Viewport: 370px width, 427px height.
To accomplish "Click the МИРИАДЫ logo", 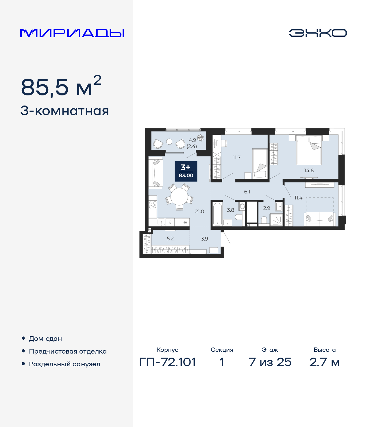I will pos(72,33).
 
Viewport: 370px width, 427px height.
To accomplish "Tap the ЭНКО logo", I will pos(318,33).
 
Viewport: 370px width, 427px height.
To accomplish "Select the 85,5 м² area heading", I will pos(61,87).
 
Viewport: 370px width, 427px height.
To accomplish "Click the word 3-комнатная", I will pos(64,111).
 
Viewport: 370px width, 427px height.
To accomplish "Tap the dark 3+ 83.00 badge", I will pos(186,171).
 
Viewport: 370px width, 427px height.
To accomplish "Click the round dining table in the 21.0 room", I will pos(179,197).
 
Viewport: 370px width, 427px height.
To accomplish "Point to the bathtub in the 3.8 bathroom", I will pos(217,214).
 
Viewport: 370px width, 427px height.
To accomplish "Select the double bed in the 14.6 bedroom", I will pos(309,150).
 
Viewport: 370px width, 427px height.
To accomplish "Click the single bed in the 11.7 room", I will pos(260,163).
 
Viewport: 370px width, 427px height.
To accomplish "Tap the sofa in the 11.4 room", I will pos(319,219).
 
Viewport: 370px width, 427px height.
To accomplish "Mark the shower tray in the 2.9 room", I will pos(276,220).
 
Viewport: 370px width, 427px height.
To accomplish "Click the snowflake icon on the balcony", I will pos(200,138).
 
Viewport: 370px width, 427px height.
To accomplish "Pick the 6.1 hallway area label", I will pos(247,192).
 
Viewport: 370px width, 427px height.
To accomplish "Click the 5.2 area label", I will pos(170,239).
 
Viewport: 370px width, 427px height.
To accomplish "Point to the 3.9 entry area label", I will pos(204,239).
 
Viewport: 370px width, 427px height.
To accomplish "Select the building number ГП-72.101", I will pos(167,362).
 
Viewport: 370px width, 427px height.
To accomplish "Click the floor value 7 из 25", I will pos(270,362).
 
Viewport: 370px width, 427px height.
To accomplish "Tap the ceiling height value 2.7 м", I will pos(324,362).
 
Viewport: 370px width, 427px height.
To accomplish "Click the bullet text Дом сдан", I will pos(45,339).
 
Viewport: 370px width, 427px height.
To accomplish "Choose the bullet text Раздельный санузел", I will pos(64,364).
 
